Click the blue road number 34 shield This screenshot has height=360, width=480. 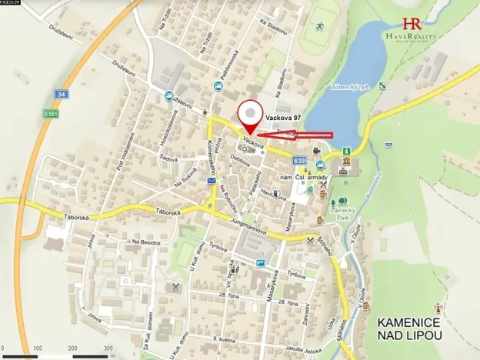point(61,94)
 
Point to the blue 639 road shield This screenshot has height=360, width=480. point(299,160)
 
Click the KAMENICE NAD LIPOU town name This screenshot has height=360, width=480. point(408,328)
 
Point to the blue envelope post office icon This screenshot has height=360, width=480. point(211,181)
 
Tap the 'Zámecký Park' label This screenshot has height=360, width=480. point(343,213)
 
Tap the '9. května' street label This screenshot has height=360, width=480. point(224,338)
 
